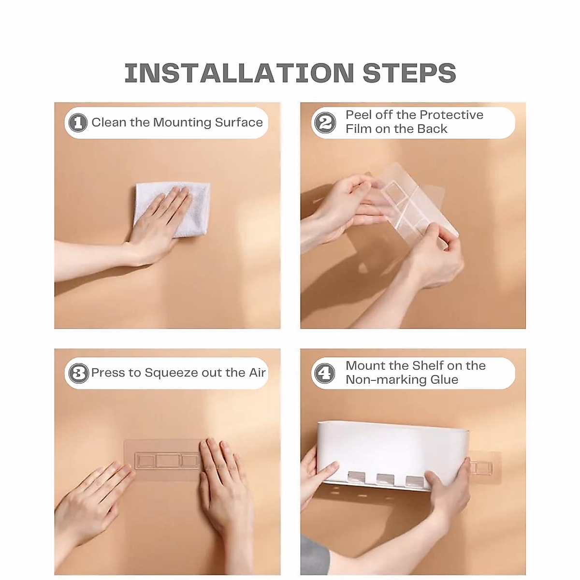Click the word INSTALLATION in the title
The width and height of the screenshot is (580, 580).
tap(239, 73)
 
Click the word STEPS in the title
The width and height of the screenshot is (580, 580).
tap(409, 73)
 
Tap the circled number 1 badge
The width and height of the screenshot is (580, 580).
tap(78, 123)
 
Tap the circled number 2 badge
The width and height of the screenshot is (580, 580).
tap(325, 122)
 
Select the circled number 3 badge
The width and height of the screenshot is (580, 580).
tap(79, 373)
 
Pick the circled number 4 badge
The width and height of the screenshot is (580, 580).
tap(324, 373)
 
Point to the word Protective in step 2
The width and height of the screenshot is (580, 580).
tap(451, 115)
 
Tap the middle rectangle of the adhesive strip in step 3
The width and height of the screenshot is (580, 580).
tap(168, 461)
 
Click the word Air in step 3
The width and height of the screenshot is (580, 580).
tap(257, 373)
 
